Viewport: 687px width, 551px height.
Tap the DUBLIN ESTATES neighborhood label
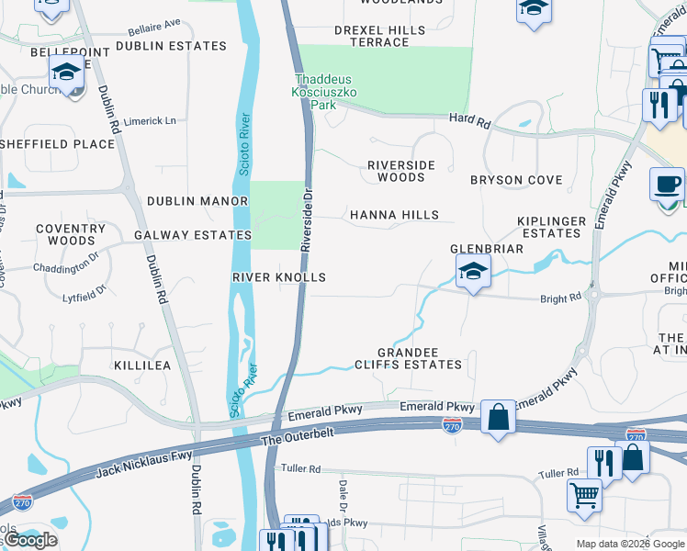click(x=171, y=46)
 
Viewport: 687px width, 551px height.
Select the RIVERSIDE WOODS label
click(x=400, y=171)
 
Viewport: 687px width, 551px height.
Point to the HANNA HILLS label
click(x=394, y=215)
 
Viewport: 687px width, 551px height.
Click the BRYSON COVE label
click(x=516, y=180)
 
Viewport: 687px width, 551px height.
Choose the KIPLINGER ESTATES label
click(x=551, y=228)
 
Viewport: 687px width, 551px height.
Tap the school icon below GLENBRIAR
click(x=473, y=272)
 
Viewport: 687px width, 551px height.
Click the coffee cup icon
click(x=668, y=186)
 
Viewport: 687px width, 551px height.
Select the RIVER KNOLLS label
click(x=279, y=277)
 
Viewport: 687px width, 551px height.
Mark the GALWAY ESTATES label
click(x=193, y=235)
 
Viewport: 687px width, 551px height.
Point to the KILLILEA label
click(x=141, y=365)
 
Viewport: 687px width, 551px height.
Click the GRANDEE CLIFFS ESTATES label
click(x=421, y=359)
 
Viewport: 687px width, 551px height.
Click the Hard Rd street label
click(x=470, y=118)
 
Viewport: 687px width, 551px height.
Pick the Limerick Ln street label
click(x=150, y=121)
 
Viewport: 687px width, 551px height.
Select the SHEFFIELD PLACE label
click(x=57, y=144)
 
